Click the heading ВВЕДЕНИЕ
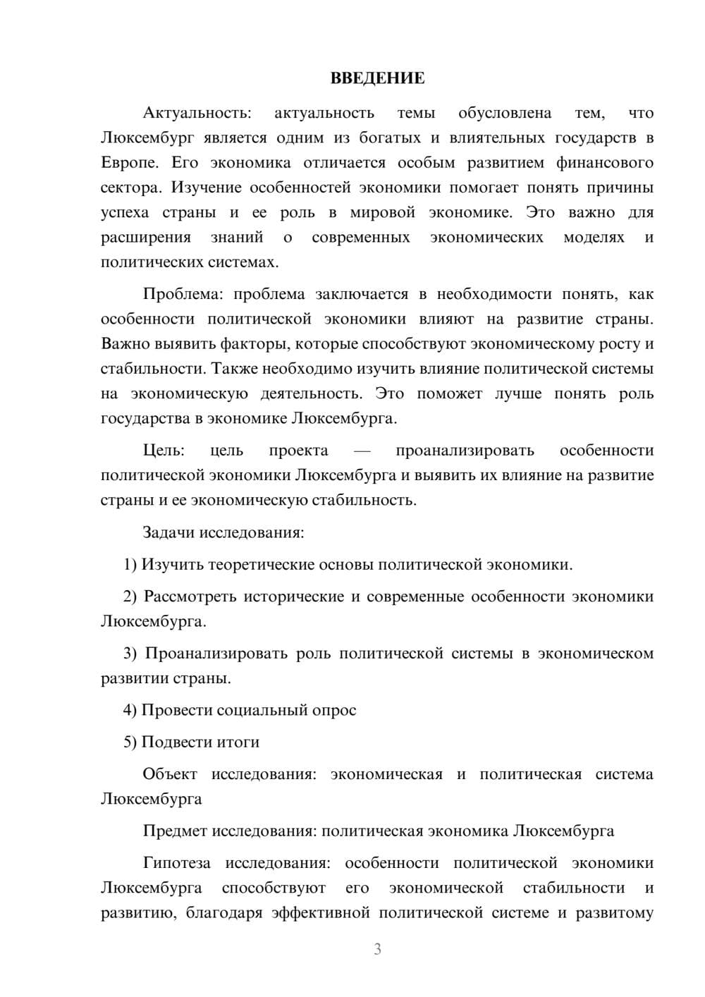click(x=377, y=78)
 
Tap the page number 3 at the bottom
click(x=377, y=949)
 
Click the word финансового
click(x=604, y=163)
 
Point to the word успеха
click(x=124, y=213)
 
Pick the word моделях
click(x=594, y=238)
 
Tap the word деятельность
click(x=311, y=393)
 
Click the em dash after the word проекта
click(x=362, y=451)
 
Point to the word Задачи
click(x=168, y=532)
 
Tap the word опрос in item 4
click(x=335, y=710)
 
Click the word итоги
click(x=238, y=742)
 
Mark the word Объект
click(x=170, y=774)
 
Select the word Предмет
click(x=175, y=831)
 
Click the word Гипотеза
click(x=176, y=863)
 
